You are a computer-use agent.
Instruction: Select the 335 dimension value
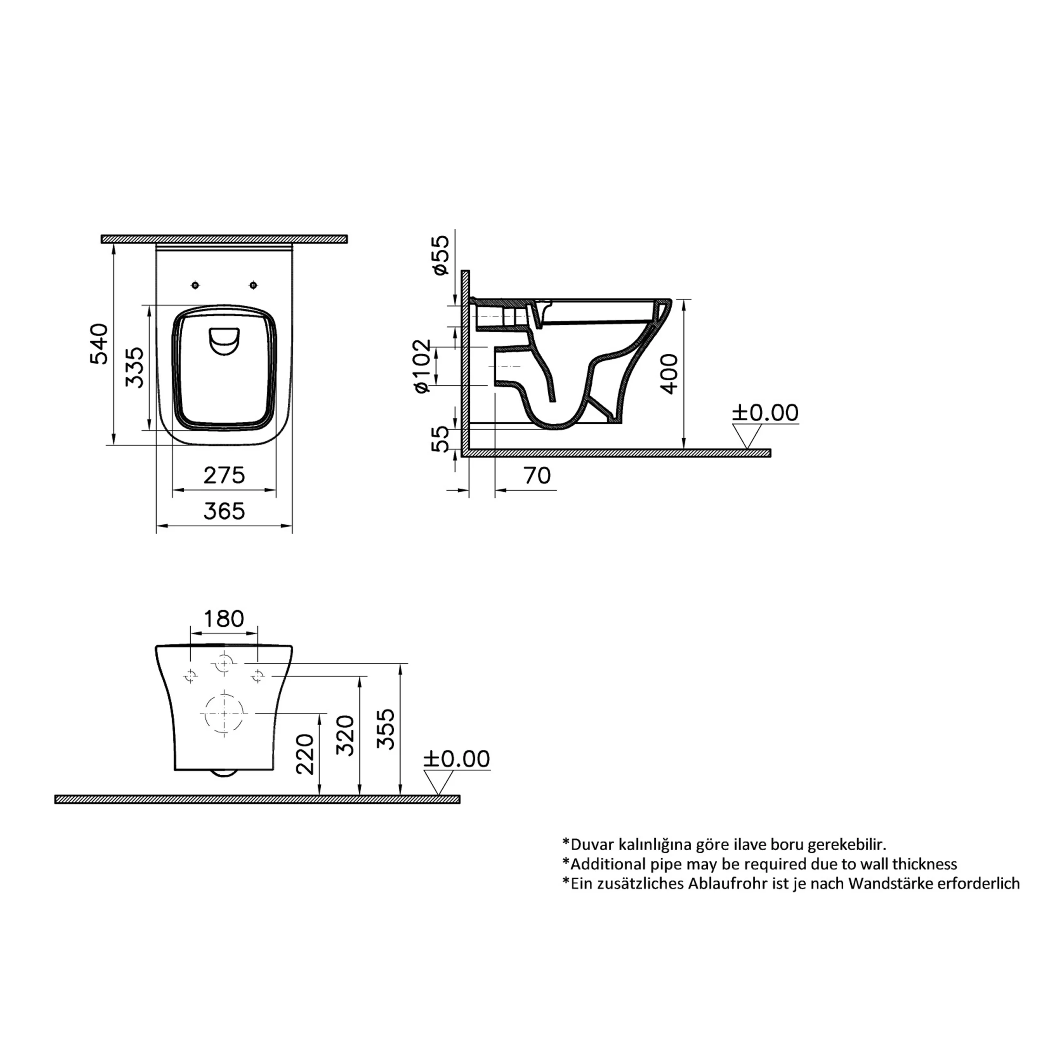coord(134,367)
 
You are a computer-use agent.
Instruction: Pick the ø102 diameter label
coord(422,366)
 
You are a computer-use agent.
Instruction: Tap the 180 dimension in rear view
coord(224,619)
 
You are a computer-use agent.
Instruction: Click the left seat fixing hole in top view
coord(195,285)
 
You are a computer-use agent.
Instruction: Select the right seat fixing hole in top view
coord(253,285)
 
